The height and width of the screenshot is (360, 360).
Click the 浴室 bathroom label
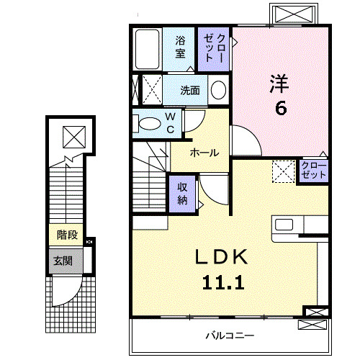tap(179, 48)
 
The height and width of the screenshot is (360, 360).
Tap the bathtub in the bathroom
tap(148, 48)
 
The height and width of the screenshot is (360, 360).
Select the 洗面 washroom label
tap(191, 91)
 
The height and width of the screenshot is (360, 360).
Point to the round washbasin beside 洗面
tap(217, 91)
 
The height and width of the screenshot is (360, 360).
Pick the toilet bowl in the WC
tap(150, 124)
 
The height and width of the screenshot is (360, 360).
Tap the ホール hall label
tap(205, 153)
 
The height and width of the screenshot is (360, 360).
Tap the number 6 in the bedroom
tap(280, 109)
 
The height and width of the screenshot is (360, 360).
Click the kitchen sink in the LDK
tap(284, 223)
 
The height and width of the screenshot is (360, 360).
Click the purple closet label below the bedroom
tap(314, 171)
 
